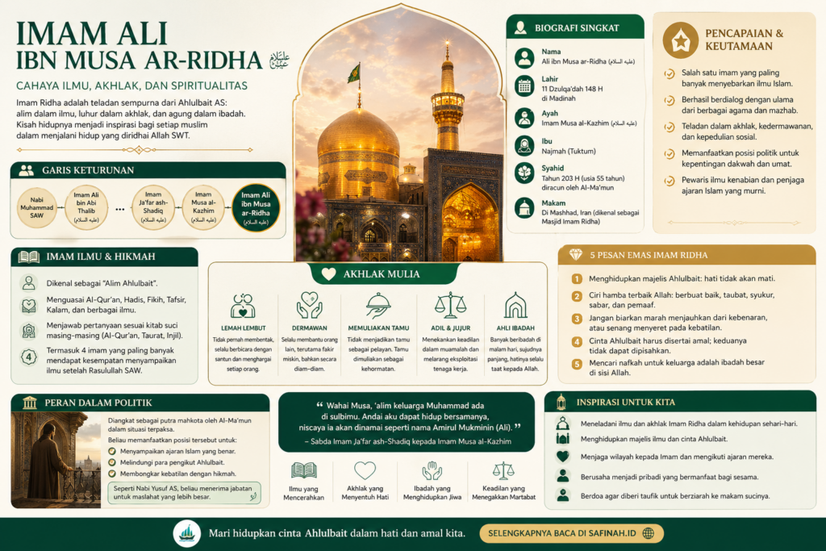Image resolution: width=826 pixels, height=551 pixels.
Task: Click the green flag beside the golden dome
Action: pos(353,73)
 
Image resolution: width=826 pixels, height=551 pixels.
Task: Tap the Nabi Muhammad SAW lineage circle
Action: pos(36,208)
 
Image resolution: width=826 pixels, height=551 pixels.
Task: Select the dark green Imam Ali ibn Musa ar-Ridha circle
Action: pos(256,208)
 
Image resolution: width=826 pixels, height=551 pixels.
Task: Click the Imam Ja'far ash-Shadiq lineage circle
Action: pos(152,208)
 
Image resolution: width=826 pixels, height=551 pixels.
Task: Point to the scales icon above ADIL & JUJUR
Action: pos(450,305)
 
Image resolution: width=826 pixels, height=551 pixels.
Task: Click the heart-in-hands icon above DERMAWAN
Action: pos(309,305)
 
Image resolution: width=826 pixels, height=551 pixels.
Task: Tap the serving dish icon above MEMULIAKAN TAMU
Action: pos(378,305)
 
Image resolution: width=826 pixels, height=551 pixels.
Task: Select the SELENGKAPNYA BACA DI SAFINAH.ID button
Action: pos(571,533)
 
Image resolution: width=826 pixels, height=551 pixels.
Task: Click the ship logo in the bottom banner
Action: pos(186,533)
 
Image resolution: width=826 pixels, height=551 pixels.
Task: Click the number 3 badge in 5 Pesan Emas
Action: pos(577,319)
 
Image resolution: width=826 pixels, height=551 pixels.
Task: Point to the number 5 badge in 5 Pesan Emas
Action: pos(577,364)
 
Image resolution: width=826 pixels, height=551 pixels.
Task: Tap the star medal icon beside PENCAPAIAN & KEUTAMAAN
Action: pos(680,40)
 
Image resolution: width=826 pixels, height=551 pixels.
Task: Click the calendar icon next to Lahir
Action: pos(525,86)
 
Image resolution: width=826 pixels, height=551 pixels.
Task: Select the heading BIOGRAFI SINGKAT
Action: pos(577,28)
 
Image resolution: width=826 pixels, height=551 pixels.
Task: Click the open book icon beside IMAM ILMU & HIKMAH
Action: pos(29,257)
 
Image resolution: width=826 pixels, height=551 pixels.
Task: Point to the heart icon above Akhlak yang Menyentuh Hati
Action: pos(365,470)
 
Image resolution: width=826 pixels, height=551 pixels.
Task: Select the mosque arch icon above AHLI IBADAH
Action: pos(515,305)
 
